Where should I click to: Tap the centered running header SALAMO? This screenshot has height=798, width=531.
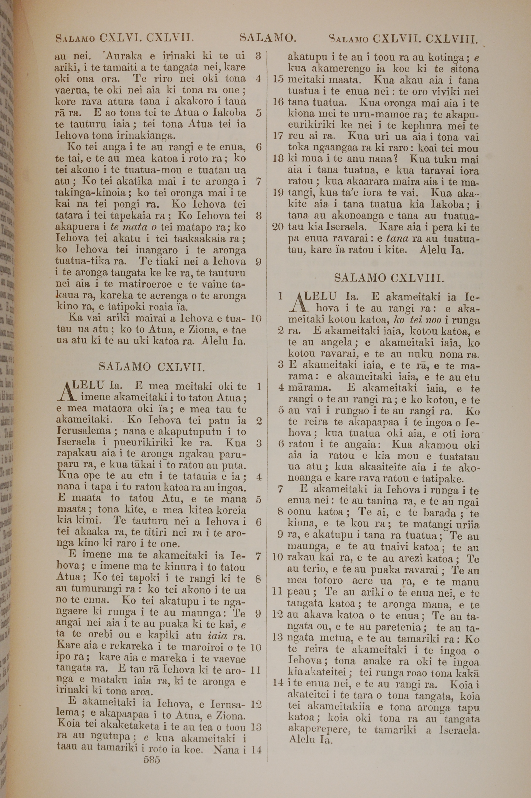[268, 38]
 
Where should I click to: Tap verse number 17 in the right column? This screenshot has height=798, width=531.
[278, 137]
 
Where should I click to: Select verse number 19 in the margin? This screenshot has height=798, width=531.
[278, 193]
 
